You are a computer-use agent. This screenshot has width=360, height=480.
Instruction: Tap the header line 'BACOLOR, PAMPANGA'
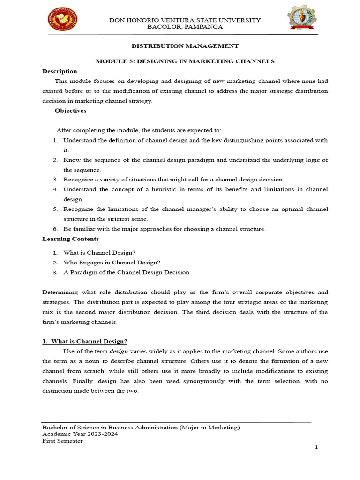(185, 27)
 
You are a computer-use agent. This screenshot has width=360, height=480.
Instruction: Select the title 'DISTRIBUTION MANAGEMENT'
(185, 46)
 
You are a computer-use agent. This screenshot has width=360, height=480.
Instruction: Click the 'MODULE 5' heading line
(185, 61)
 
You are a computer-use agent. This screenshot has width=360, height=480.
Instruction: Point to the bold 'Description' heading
(60, 71)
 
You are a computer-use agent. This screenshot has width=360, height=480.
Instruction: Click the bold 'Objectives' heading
(70, 111)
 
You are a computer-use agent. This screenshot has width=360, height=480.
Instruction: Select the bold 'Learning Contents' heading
(70, 239)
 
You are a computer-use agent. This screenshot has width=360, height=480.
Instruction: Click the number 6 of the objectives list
(55, 229)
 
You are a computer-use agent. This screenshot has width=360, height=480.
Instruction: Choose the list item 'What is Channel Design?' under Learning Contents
(99, 253)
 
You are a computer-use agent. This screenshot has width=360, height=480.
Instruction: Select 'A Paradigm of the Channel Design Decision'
(126, 272)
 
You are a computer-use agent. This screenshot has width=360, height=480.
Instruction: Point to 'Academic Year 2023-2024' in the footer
(80, 434)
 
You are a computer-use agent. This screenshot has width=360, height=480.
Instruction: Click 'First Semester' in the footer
(62, 441)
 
